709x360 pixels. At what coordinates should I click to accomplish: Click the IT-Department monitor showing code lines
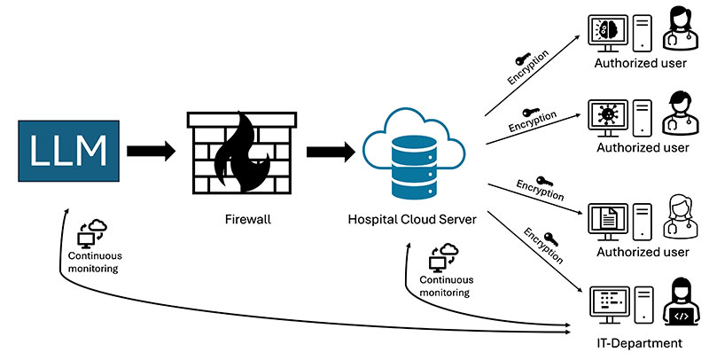point(611,302)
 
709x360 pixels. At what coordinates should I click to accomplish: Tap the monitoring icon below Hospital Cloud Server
point(440,258)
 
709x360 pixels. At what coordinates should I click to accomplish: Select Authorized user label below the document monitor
point(643,253)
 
